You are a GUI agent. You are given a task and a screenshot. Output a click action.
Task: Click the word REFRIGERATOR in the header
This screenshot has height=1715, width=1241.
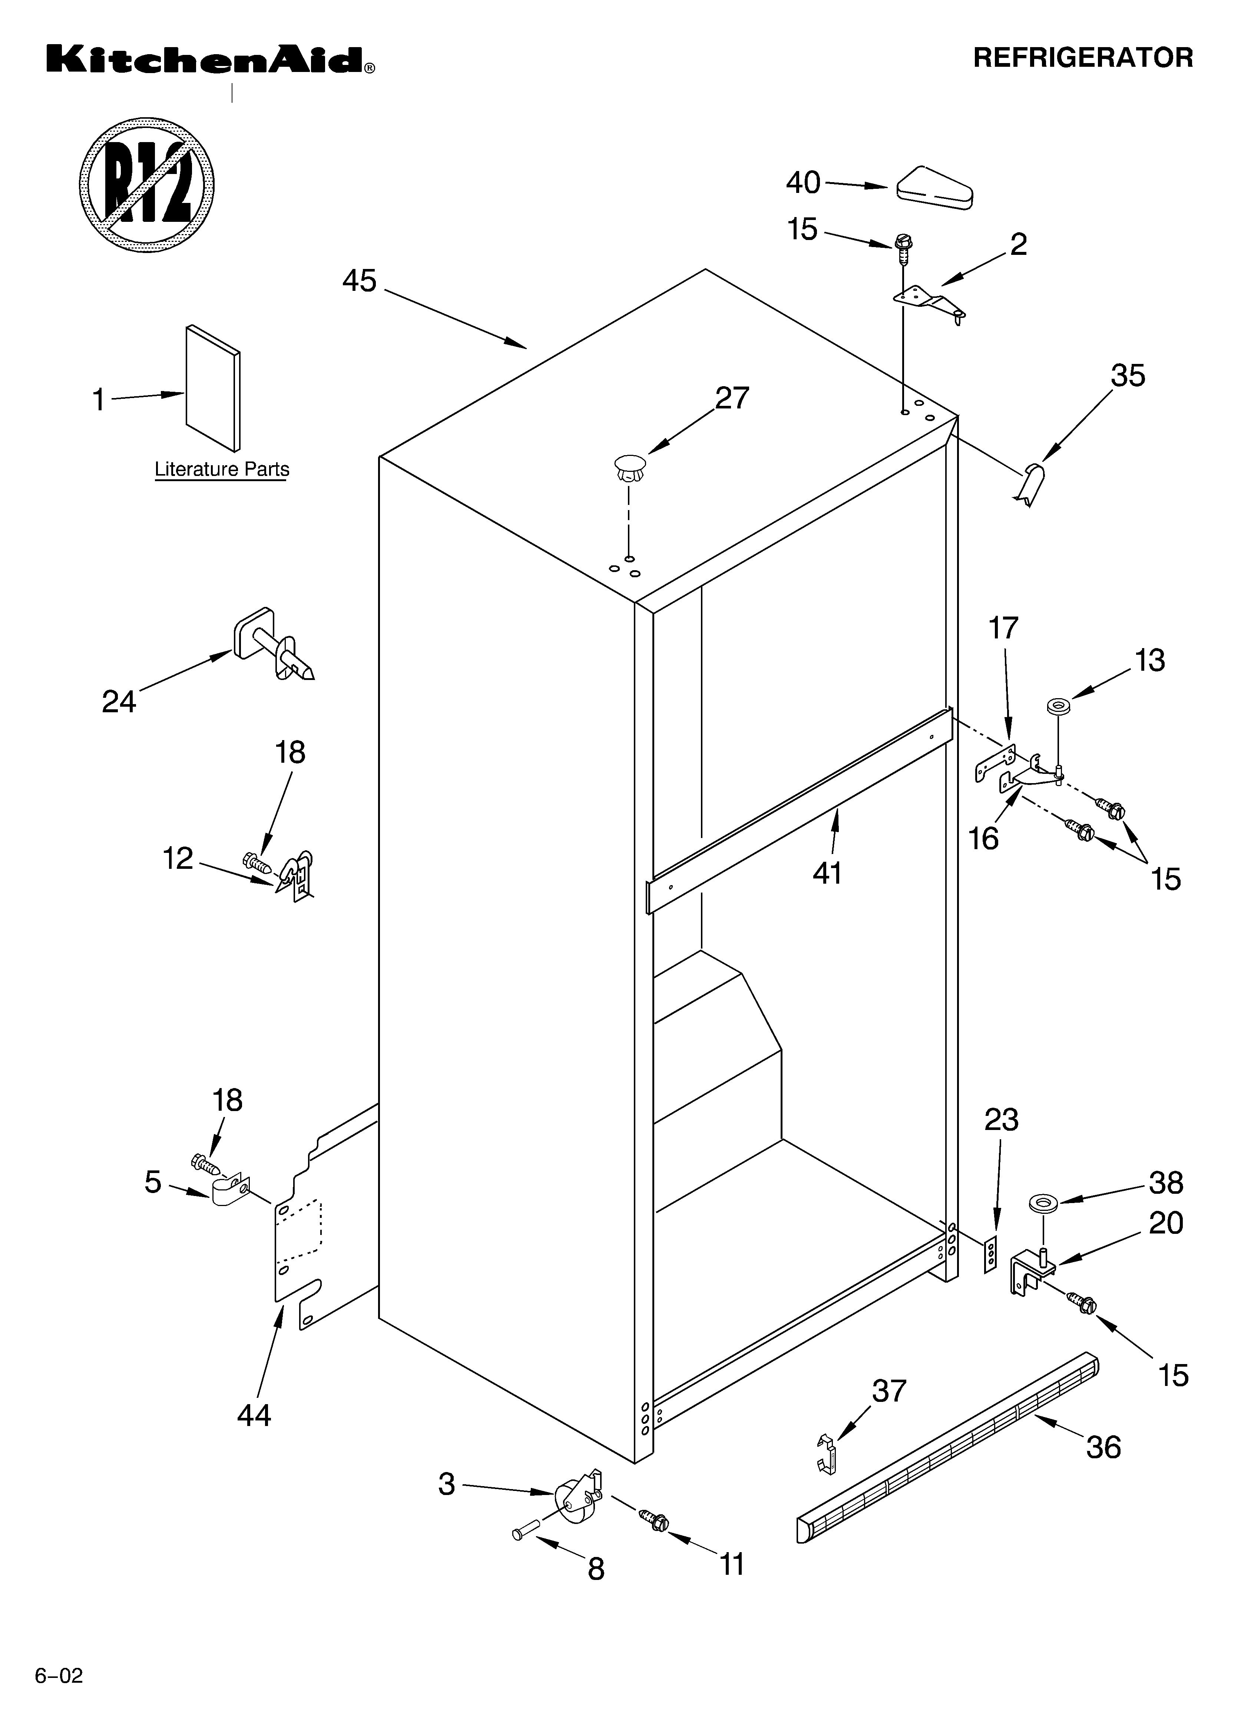click(1082, 58)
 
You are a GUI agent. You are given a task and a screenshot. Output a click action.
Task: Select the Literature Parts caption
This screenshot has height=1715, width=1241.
click(221, 470)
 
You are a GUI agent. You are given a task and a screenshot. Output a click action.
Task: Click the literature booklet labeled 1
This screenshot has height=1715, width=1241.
click(213, 387)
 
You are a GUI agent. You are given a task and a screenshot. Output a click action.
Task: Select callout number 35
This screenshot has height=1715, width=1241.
click(1128, 376)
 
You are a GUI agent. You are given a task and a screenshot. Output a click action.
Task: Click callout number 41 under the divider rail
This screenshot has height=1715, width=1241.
click(828, 873)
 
